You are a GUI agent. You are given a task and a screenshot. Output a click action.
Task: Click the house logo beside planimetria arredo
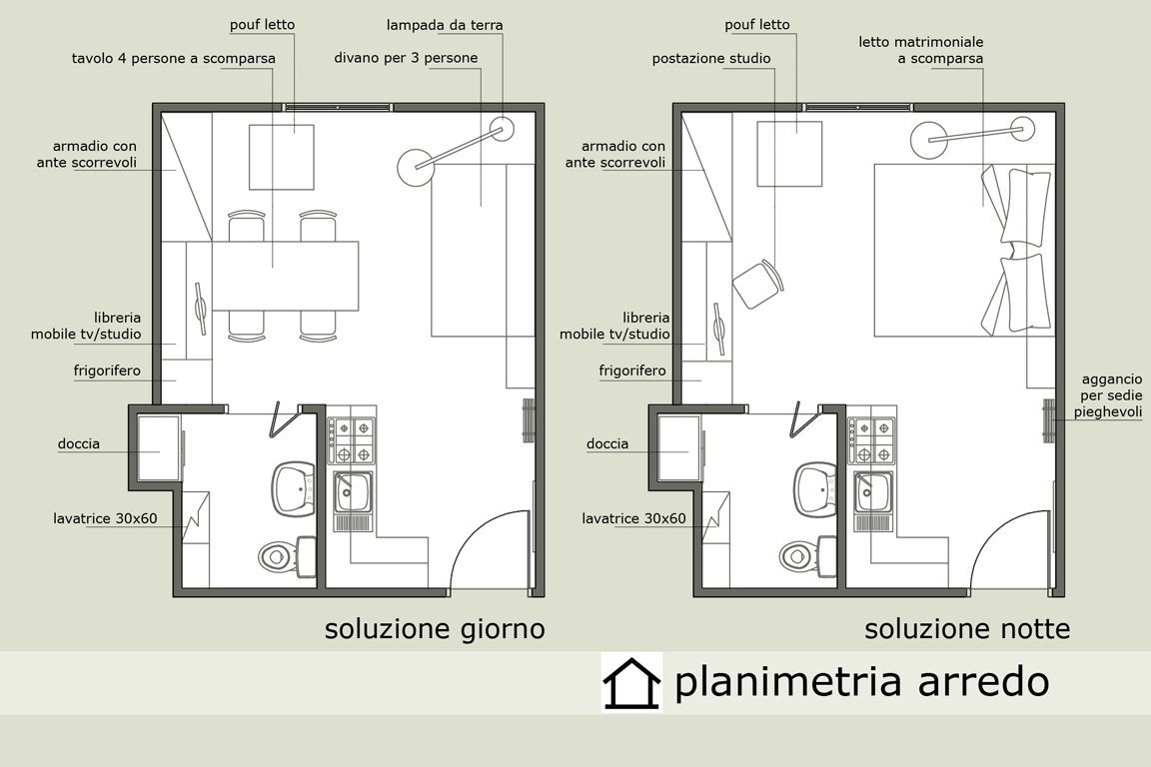tap(631, 682)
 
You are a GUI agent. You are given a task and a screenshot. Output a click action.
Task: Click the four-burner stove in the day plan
tap(351, 440)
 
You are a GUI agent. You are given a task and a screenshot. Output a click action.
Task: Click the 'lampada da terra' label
tap(445, 25)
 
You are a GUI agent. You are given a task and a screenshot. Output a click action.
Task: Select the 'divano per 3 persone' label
tap(406, 58)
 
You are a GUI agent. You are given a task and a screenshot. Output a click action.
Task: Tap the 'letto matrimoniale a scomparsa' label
tap(921, 50)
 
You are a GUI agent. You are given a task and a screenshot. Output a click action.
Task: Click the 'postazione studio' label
tap(711, 59)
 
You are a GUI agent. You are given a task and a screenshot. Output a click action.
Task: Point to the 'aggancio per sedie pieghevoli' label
tap(1108, 395)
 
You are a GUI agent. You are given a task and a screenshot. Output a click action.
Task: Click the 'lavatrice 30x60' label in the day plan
tap(105, 519)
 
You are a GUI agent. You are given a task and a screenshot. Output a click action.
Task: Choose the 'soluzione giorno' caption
tap(435, 629)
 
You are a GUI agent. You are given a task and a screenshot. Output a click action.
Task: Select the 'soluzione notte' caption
tap(967, 629)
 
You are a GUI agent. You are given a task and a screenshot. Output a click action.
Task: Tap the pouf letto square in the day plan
tap(281, 157)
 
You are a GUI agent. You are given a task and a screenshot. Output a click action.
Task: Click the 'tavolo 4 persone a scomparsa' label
tap(173, 59)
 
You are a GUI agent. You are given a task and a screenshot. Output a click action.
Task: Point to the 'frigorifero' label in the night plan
tap(632, 371)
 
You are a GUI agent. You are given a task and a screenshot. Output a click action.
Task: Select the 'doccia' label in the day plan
tap(79, 444)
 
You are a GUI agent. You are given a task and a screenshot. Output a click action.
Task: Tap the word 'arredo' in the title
tap(983, 681)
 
